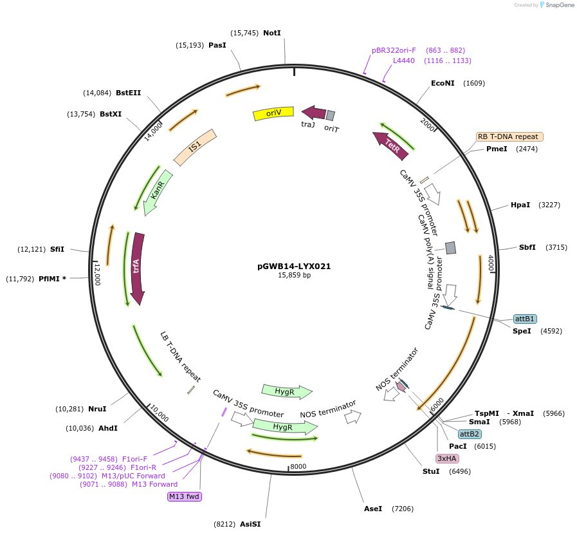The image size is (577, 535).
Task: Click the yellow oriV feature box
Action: [x=275, y=113]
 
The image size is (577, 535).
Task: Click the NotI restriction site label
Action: [x=272, y=33]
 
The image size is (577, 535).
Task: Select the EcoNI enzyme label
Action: [x=443, y=83]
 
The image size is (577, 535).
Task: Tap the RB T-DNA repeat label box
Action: [x=509, y=136]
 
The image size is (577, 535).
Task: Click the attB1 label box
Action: [x=525, y=319]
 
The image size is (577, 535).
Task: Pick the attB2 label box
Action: [x=470, y=434]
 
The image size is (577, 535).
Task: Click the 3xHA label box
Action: [x=446, y=458]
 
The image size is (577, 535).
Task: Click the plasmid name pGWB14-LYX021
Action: [x=294, y=265]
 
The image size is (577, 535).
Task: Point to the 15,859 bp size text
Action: [x=294, y=275]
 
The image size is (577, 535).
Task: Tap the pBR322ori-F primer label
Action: [x=394, y=50]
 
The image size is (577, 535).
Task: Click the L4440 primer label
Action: [x=404, y=61]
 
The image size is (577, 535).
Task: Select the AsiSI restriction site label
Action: [x=250, y=524]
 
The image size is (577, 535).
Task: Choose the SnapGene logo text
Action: [x=557, y=5]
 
